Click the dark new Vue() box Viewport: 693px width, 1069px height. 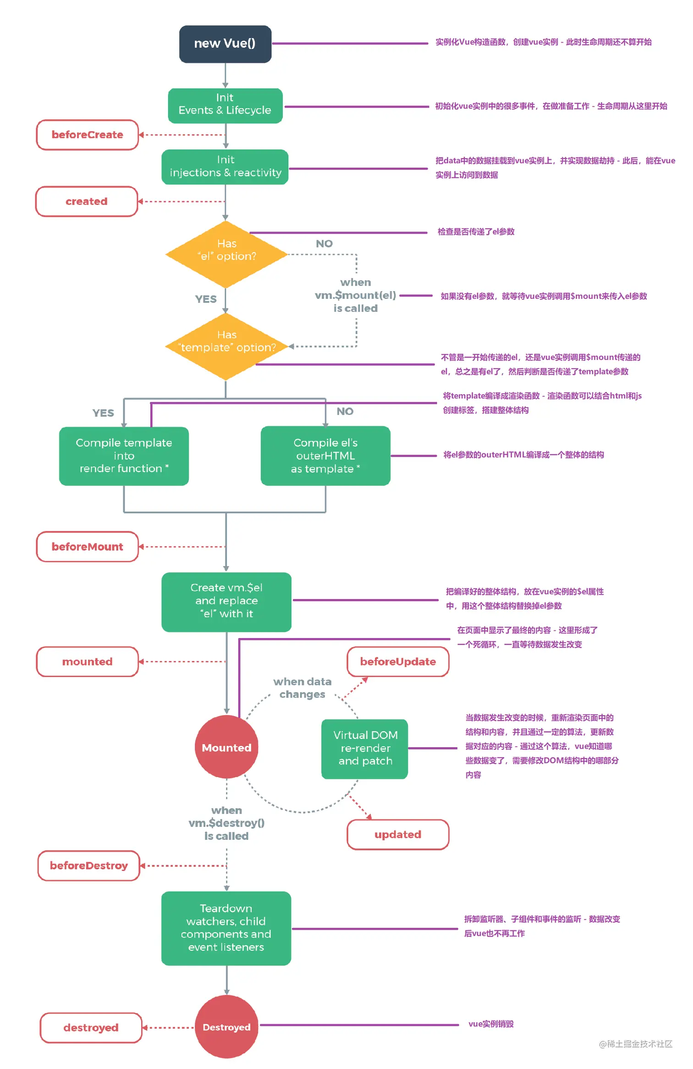(x=225, y=44)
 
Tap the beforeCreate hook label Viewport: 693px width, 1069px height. (x=87, y=135)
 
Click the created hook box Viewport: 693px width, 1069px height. (x=87, y=201)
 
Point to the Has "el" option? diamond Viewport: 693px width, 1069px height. (x=226, y=254)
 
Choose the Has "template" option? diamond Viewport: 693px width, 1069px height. (x=226, y=346)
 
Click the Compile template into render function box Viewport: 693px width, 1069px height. (x=124, y=456)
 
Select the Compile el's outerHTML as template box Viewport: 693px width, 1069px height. (x=325, y=456)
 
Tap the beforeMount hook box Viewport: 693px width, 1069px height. (x=87, y=546)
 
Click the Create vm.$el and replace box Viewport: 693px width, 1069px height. (x=226, y=601)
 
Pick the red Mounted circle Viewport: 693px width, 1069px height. (x=226, y=747)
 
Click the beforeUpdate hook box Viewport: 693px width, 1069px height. (x=398, y=661)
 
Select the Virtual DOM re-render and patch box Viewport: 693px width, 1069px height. (x=365, y=748)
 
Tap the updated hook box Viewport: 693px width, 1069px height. (x=398, y=834)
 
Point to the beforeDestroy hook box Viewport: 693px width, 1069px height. (x=89, y=865)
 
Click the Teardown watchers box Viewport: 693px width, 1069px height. (x=226, y=928)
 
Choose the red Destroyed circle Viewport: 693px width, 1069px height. (x=226, y=1027)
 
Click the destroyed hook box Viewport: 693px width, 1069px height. (x=91, y=1028)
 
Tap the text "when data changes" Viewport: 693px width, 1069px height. (x=302, y=688)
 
